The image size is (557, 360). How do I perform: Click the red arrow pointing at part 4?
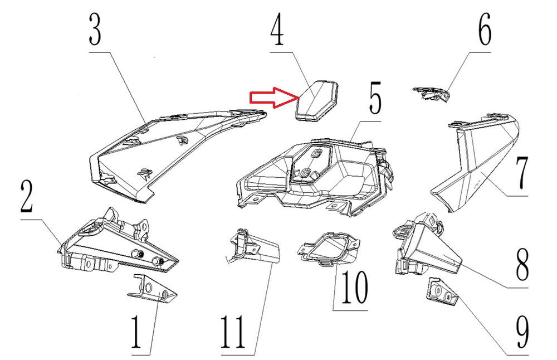coord(272,98)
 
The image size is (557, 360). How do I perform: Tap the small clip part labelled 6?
coord(431,94)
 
